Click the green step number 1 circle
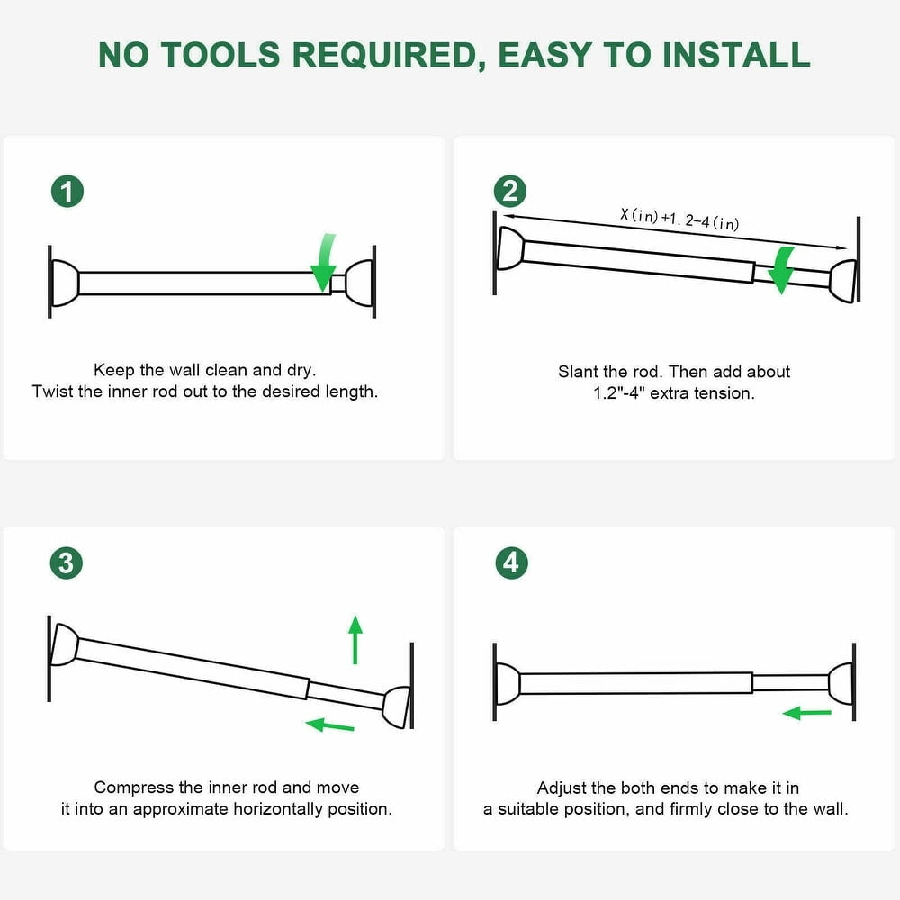point(67,192)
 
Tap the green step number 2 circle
point(509,191)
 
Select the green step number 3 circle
point(67,562)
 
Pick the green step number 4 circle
point(511,562)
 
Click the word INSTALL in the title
point(736,55)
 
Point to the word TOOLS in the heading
point(220,55)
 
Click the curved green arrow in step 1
point(324,262)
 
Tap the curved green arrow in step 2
point(781,270)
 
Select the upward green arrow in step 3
point(355,639)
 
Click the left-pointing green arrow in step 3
point(329,724)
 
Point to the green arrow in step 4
point(807,713)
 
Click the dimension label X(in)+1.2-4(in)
point(679,219)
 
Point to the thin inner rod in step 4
point(790,682)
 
